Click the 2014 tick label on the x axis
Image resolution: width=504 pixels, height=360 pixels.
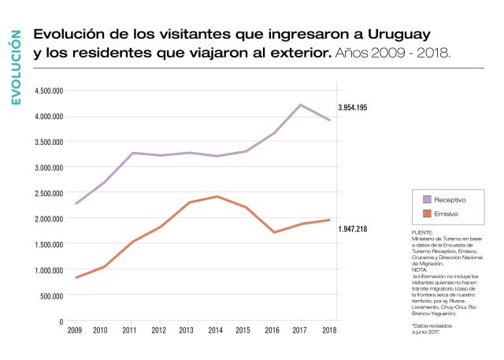[216, 331]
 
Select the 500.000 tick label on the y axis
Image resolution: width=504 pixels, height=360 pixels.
[51, 296]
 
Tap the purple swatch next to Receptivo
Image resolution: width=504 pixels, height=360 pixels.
[427, 200]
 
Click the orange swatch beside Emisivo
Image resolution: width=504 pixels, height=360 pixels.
[427, 213]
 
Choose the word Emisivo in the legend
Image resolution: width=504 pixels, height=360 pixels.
[446, 213]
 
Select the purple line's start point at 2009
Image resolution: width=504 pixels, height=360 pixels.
[76, 204]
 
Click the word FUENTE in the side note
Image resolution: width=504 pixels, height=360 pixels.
[422, 233]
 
